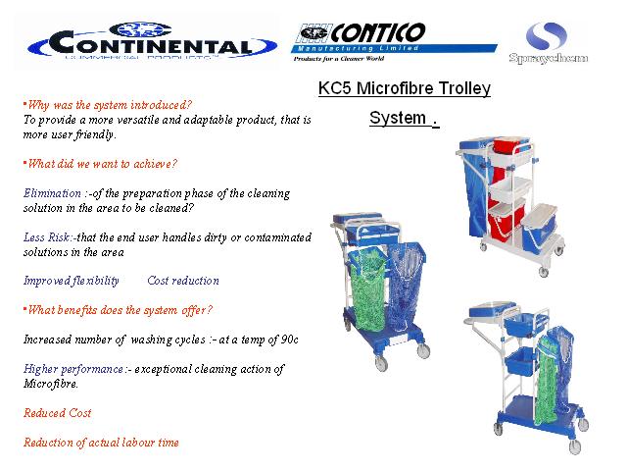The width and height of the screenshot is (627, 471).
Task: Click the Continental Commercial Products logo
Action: pos(152,41)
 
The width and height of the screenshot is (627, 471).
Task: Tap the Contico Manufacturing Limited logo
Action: pos(394,42)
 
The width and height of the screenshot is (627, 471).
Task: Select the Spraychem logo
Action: pos(549,42)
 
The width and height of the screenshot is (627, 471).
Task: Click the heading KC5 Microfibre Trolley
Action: pos(405,88)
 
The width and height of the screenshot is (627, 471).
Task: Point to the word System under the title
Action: pos(398,118)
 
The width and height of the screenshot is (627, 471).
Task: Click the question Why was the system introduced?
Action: pos(110,105)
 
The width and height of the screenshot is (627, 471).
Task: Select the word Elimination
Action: pos(52,193)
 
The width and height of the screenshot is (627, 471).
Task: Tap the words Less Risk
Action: pos(48,237)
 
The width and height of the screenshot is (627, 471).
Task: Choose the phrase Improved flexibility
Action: pos(72,282)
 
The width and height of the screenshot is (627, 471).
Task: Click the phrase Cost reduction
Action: pos(183,281)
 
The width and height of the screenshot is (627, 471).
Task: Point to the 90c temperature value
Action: pos(290,340)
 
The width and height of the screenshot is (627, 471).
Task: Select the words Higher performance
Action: pos(73,369)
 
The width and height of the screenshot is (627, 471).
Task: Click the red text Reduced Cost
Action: pos(58,413)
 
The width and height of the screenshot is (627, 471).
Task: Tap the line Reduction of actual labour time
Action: pos(101,443)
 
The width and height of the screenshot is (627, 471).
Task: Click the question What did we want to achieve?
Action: pos(102,164)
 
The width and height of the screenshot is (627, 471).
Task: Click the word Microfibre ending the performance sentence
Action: pos(50,384)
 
